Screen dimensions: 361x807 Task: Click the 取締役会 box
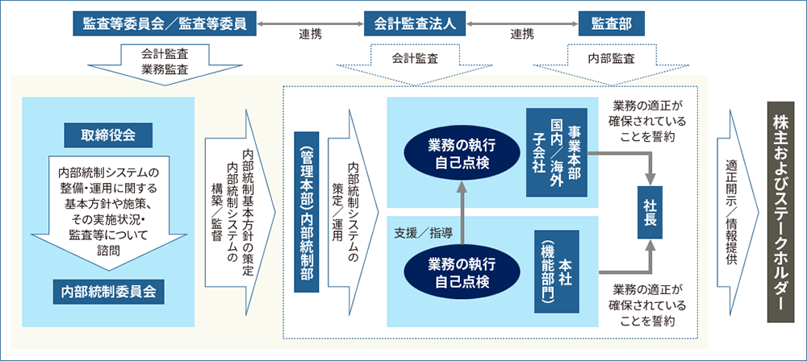108,132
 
